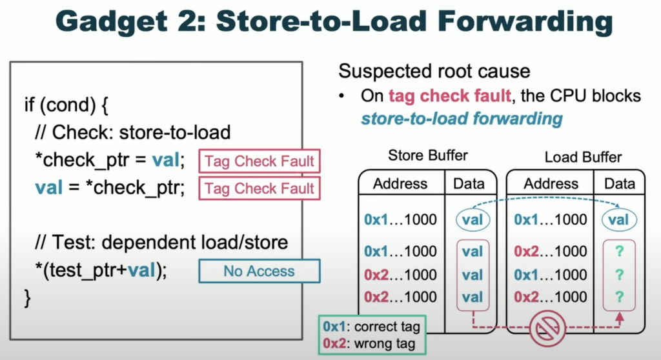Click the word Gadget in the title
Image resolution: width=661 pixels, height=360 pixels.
111,21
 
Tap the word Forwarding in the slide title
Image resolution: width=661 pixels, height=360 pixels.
525,21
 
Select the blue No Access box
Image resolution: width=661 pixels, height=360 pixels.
259,270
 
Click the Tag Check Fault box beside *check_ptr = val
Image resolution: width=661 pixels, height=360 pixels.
259,161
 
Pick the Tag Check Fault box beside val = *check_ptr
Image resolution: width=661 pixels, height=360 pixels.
259,188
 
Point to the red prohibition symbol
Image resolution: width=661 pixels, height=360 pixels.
547,328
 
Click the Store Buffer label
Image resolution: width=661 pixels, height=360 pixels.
428,155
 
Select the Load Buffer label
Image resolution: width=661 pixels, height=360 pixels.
583,157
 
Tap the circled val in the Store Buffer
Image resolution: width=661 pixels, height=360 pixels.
473,219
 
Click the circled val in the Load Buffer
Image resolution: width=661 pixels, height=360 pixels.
619,219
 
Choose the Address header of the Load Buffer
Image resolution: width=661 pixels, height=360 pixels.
551,184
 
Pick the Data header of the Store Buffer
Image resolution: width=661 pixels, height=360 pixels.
469,184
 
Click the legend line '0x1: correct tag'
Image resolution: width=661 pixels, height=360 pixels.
371,326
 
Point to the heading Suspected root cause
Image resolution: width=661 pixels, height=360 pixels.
434,71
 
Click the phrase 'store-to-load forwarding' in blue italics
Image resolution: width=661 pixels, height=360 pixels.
462,119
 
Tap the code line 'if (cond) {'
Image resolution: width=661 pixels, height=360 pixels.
66,105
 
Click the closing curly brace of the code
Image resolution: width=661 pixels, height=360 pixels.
28,299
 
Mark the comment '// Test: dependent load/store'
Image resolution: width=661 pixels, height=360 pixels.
161,243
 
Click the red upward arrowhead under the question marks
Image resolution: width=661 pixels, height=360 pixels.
619,317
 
